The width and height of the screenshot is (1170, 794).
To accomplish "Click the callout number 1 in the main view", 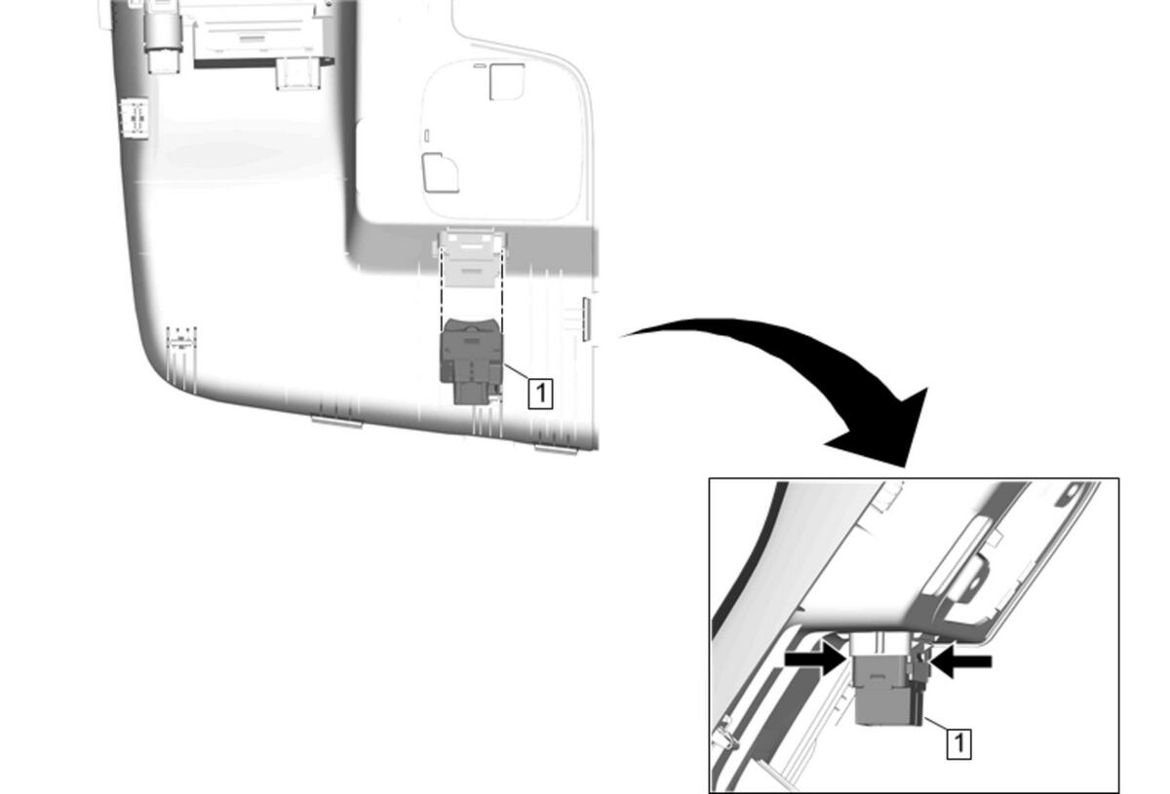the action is [x=540, y=394].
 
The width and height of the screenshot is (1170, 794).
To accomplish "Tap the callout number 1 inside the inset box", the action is [x=959, y=743].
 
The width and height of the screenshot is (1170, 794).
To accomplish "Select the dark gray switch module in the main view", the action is [x=472, y=360].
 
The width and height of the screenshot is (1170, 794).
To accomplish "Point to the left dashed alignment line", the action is [x=442, y=288].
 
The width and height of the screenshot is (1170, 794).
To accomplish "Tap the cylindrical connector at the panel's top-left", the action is [x=164, y=38].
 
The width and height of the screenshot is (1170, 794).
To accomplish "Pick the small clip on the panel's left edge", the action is [x=135, y=119].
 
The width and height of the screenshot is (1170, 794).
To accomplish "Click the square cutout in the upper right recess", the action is [x=507, y=82].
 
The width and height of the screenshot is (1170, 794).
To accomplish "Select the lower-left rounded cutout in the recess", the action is [x=441, y=172].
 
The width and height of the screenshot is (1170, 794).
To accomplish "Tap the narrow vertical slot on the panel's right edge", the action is [x=587, y=320].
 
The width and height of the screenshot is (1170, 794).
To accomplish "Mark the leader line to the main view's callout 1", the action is [x=517, y=372].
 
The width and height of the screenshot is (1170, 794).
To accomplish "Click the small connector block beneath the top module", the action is [x=296, y=74].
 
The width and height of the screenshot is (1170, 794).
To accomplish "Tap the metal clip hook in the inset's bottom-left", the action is [x=726, y=733].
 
